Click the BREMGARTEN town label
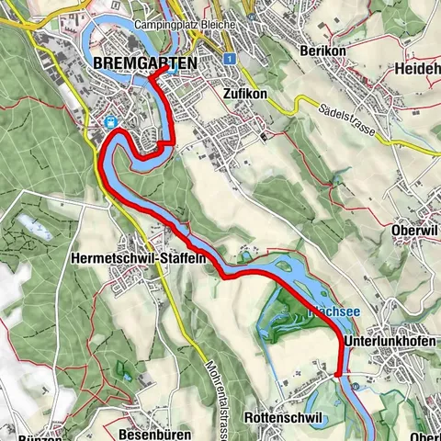(x=145, y=63)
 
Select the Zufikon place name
(x=244, y=93)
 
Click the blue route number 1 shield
(x=225, y=57)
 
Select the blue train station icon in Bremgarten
(x=109, y=121)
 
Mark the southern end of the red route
(x=337, y=375)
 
